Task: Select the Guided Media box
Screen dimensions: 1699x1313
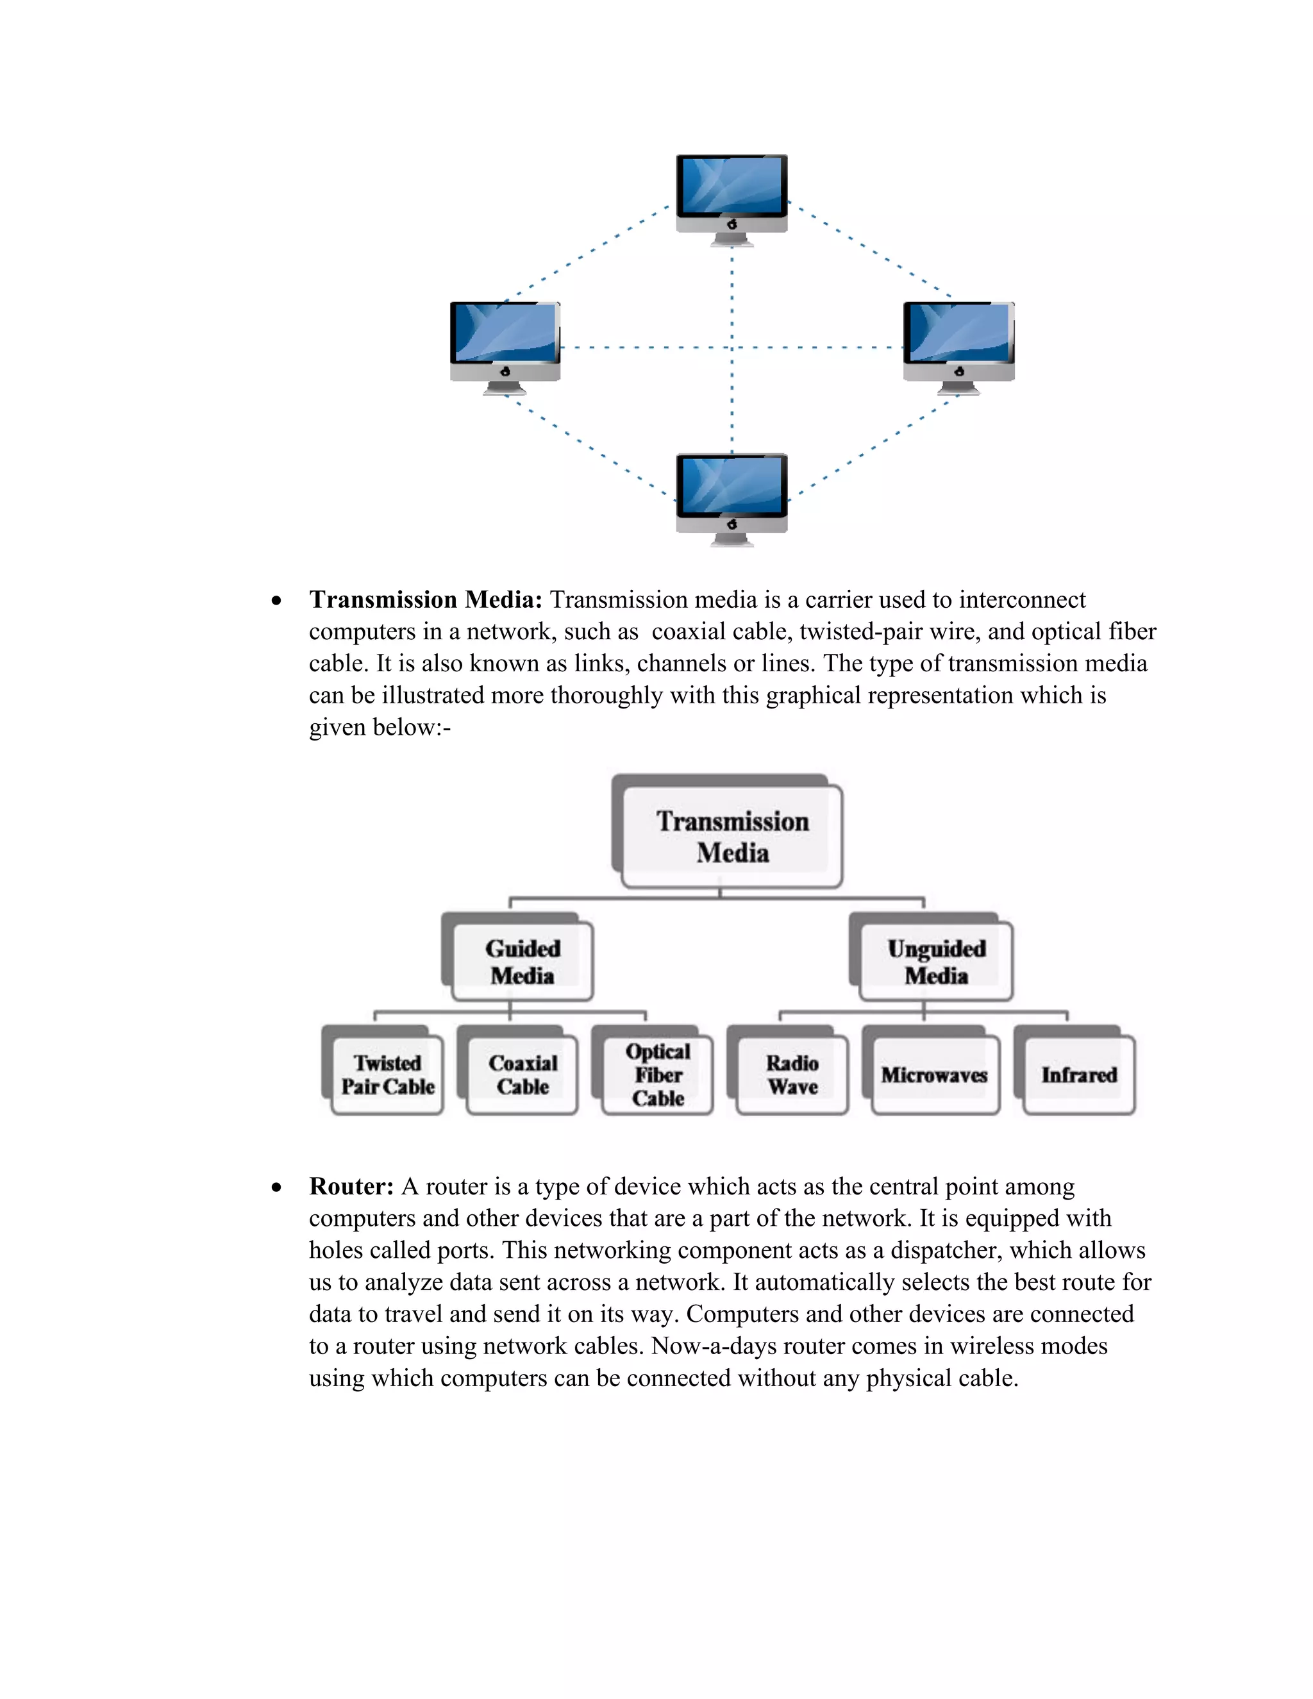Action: [522, 962]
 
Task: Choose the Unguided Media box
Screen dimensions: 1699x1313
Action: [936, 962]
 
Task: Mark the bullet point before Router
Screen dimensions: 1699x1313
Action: [276, 1188]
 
